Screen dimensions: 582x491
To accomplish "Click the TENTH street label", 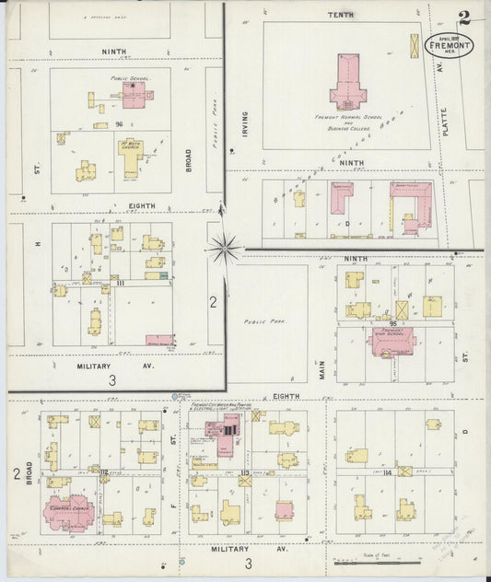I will coord(341,16).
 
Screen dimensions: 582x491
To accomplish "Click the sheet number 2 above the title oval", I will coord(463,17).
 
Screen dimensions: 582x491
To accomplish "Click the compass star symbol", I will coord(226,247).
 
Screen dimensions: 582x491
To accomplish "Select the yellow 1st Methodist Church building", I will coord(131,156).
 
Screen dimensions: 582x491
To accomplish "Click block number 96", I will coord(120,124).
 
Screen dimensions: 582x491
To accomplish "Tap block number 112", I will coord(104,472).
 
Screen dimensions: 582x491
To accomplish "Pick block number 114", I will coord(386,472).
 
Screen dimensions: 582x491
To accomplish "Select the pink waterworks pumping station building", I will coord(225,428).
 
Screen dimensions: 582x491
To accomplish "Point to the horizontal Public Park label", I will coord(260,321).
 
